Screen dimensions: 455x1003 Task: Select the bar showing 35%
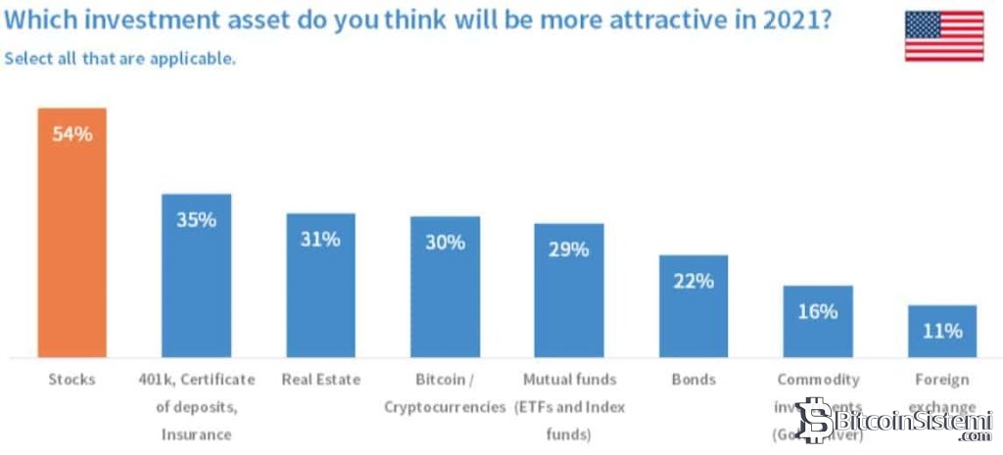[196, 284]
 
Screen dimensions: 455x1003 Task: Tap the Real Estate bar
[320, 294]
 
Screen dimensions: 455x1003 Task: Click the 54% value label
[72, 134]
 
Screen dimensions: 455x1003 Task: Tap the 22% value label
[693, 281]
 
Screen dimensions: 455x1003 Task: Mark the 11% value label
[942, 331]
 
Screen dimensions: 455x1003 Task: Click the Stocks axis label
[72, 380]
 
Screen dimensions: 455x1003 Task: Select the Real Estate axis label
[320, 380]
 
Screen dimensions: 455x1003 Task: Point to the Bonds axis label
[693, 380]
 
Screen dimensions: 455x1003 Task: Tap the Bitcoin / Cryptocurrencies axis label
[445, 392]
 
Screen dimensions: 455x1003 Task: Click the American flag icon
[943, 36]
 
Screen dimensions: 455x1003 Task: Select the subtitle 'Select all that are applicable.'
[119, 59]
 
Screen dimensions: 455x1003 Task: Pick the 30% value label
[445, 243]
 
